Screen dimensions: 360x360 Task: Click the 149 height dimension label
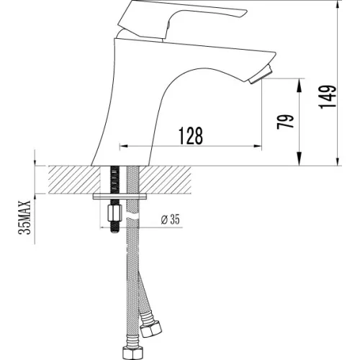327,96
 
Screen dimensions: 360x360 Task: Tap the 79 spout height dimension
285,122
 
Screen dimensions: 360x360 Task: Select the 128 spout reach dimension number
191,135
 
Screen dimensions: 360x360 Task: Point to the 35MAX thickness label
25,217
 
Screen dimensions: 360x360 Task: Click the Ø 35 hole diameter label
170,220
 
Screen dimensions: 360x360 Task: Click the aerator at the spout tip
261,74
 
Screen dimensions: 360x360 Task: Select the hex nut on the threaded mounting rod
114,213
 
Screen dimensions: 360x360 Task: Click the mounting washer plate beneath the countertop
120,197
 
